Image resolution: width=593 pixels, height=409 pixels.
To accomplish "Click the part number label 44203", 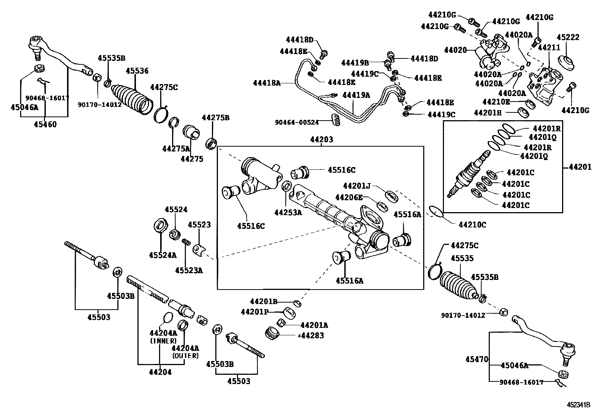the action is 322,140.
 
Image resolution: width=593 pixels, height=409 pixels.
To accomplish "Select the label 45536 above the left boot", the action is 137,71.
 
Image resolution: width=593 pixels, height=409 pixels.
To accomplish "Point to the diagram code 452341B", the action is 578,405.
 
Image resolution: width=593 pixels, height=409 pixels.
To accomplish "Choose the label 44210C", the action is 472,225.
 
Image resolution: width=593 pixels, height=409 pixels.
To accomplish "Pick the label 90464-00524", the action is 297,122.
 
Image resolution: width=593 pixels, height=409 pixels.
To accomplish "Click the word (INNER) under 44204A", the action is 164,341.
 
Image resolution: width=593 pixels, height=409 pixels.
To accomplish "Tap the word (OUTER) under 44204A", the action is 185,356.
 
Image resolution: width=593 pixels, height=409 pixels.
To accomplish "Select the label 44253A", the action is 288,213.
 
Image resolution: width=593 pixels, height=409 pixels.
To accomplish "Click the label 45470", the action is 477,359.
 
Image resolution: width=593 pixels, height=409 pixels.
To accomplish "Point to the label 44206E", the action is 349,197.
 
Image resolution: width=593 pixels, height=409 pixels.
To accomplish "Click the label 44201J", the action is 357,186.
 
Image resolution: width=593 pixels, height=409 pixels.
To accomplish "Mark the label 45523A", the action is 189,271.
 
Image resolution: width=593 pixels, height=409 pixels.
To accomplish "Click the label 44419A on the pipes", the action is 356,95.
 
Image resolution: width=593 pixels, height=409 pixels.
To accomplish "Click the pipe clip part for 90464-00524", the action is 336,119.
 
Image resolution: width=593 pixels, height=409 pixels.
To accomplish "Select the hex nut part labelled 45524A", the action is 161,226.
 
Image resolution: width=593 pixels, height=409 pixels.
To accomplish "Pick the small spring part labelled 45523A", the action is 186,242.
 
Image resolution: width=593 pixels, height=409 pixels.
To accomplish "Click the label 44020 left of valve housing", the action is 455,50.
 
